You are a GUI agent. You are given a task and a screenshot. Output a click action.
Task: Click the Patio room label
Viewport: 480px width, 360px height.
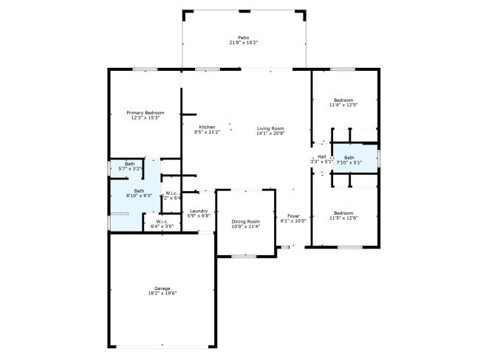(x=244, y=38)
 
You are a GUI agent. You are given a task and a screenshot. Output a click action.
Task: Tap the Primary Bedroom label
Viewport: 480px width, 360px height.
(x=145, y=113)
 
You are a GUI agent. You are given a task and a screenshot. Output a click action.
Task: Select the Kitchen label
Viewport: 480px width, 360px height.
(x=206, y=127)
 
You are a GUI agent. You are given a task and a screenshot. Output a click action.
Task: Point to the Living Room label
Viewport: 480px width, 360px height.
(x=270, y=128)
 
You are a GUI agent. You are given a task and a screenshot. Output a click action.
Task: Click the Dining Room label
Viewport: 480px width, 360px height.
(x=245, y=221)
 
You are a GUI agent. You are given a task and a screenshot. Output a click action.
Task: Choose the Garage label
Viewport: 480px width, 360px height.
(x=162, y=288)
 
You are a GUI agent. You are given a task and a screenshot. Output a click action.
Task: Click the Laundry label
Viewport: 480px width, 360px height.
(x=199, y=211)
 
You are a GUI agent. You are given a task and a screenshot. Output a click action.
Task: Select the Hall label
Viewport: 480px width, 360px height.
(x=321, y=156)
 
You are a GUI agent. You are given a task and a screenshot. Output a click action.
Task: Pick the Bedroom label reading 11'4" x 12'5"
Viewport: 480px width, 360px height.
(x=343, y=100)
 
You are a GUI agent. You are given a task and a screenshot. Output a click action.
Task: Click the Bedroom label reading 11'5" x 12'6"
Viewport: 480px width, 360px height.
(x=343, y=212)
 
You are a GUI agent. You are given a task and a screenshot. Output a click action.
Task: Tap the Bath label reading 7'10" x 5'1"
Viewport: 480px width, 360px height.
(x=349, y=157)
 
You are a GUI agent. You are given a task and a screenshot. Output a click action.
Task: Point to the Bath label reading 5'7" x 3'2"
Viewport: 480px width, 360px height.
(x=129, y=164)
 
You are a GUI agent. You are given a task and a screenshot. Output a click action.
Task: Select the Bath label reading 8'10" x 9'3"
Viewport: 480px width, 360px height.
(x=139, y=190)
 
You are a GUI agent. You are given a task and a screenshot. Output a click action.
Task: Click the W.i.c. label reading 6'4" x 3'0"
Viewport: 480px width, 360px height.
(x=162, y=221)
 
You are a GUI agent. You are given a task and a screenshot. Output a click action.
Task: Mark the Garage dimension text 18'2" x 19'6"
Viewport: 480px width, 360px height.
(x=162, y=293)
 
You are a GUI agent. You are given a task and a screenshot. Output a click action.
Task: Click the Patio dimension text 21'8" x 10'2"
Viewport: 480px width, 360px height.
(x=244, y=43)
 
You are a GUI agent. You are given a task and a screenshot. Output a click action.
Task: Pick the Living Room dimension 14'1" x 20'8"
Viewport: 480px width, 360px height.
(x=270, y=134)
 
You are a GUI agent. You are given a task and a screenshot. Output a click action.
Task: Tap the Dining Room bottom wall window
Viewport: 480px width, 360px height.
(x=244, y=256)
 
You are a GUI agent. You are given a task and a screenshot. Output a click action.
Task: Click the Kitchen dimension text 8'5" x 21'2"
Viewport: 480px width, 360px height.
(x=206, y=132)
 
